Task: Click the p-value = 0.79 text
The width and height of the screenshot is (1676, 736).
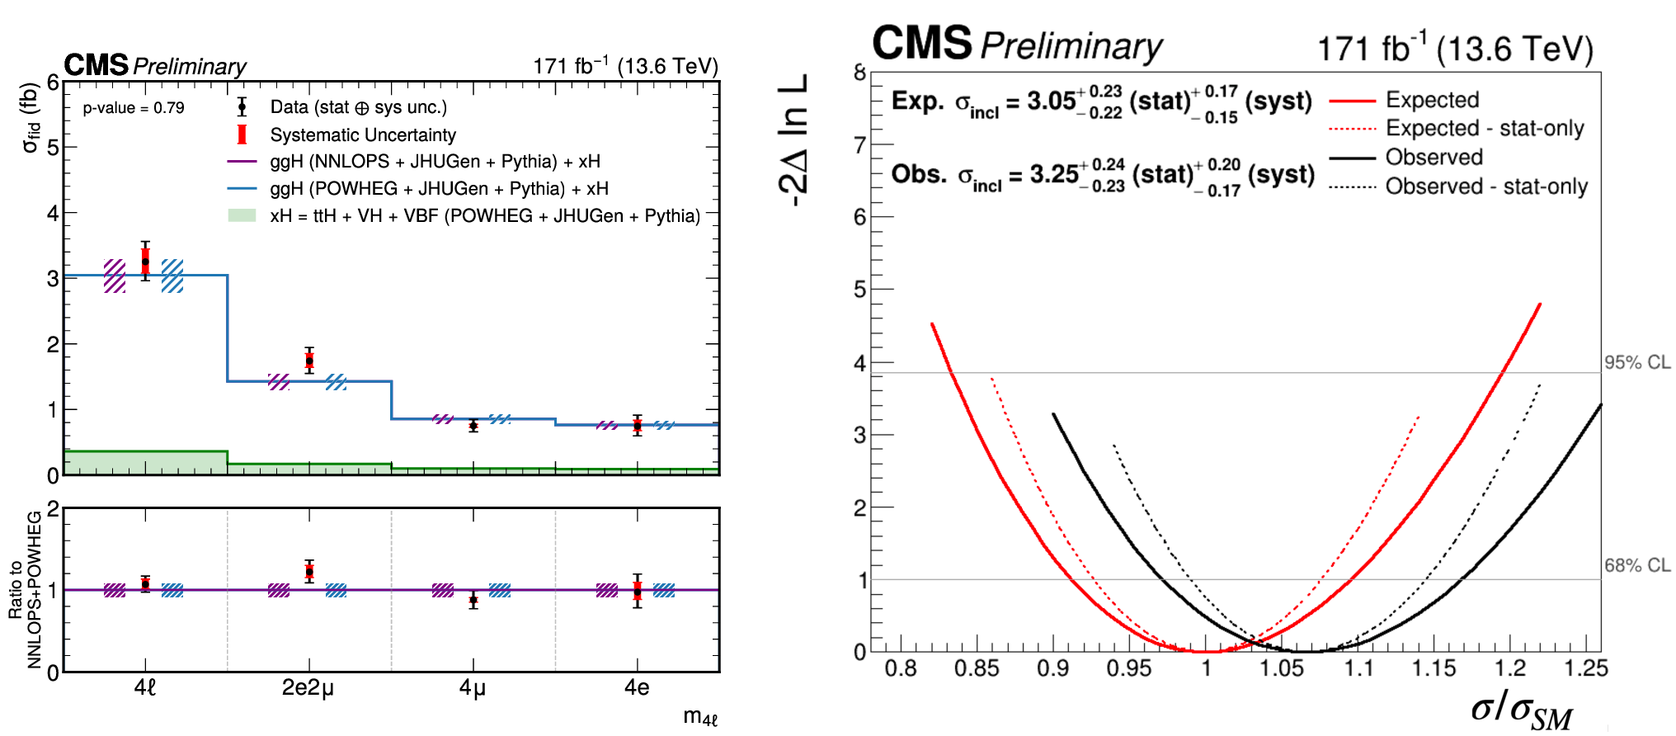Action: point(134,108)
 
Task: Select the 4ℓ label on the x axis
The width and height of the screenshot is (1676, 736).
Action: point(145,687)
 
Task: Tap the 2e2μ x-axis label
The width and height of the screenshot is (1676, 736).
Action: point(308,688)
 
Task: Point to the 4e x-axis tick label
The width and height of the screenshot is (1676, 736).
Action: point(637,687)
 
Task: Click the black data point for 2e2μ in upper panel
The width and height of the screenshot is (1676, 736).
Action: point(309,361)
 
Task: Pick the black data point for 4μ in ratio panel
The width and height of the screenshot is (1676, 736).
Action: point(473,600)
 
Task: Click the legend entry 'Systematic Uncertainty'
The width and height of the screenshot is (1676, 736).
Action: point(363,134)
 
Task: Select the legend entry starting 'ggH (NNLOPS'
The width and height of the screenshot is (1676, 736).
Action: point(435,162)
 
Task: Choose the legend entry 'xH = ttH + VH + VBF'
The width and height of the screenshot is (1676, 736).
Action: point(485,216)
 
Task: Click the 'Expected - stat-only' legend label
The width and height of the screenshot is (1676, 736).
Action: point(1485,129)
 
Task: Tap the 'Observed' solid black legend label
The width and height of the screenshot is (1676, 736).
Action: point(1434,157)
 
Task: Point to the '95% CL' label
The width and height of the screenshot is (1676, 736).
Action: point(1637,362)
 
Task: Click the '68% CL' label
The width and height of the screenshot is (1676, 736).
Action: point(1637,565)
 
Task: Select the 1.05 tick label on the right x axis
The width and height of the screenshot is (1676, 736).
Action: point(1281,668)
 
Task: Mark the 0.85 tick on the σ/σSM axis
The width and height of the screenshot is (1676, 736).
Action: point(977,668)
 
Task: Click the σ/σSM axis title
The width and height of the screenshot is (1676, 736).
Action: point(1522,710)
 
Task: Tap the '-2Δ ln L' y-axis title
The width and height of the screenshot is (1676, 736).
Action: point(793,140)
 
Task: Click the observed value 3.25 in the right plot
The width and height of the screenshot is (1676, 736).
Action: point(1054,175)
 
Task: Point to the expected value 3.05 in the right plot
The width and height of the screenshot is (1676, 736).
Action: point(1052,101)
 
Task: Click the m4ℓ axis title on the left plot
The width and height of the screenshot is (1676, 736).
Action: point(700,717)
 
